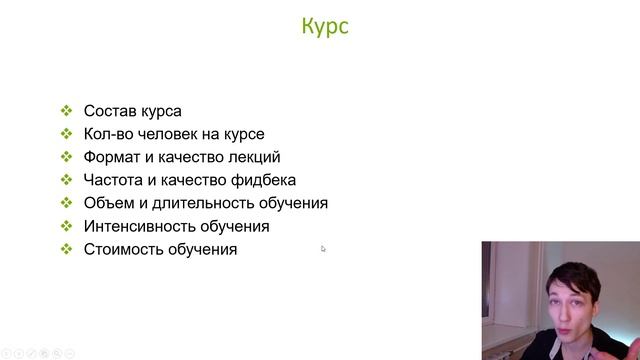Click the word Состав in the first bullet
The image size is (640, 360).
tap(109, 111)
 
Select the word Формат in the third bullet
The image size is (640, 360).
tap(113, 157)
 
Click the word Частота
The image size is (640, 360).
tap(115, 180)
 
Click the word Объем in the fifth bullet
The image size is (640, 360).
tap(108, 203)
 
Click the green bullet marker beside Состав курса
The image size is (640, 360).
tap(66, 111)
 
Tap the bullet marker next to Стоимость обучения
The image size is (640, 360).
tap(66, 249)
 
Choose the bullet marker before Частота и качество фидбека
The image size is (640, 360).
tap(66, 180)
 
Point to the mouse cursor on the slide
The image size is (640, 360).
tap(323, 249)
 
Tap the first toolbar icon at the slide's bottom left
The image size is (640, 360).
tap(7, 352)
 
